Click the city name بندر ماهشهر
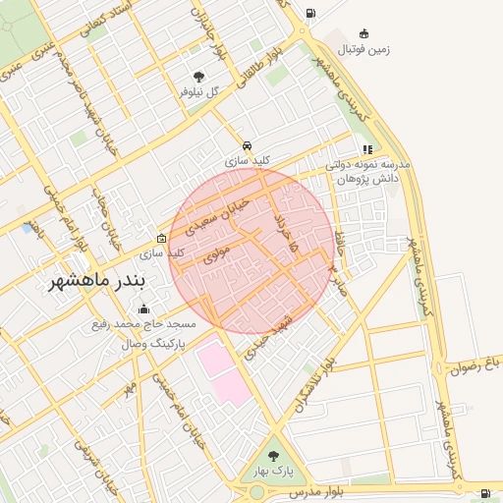point(96,280)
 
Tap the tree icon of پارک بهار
point(272,456)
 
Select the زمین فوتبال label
point(364,48)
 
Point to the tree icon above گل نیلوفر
point(199,77)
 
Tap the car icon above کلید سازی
point(247,143)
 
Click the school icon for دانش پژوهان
point(367,149)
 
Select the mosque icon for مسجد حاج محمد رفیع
point(143,309)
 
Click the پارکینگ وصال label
point(148,344)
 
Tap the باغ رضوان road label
point(475,363)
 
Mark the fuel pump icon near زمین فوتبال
point(310,14)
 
